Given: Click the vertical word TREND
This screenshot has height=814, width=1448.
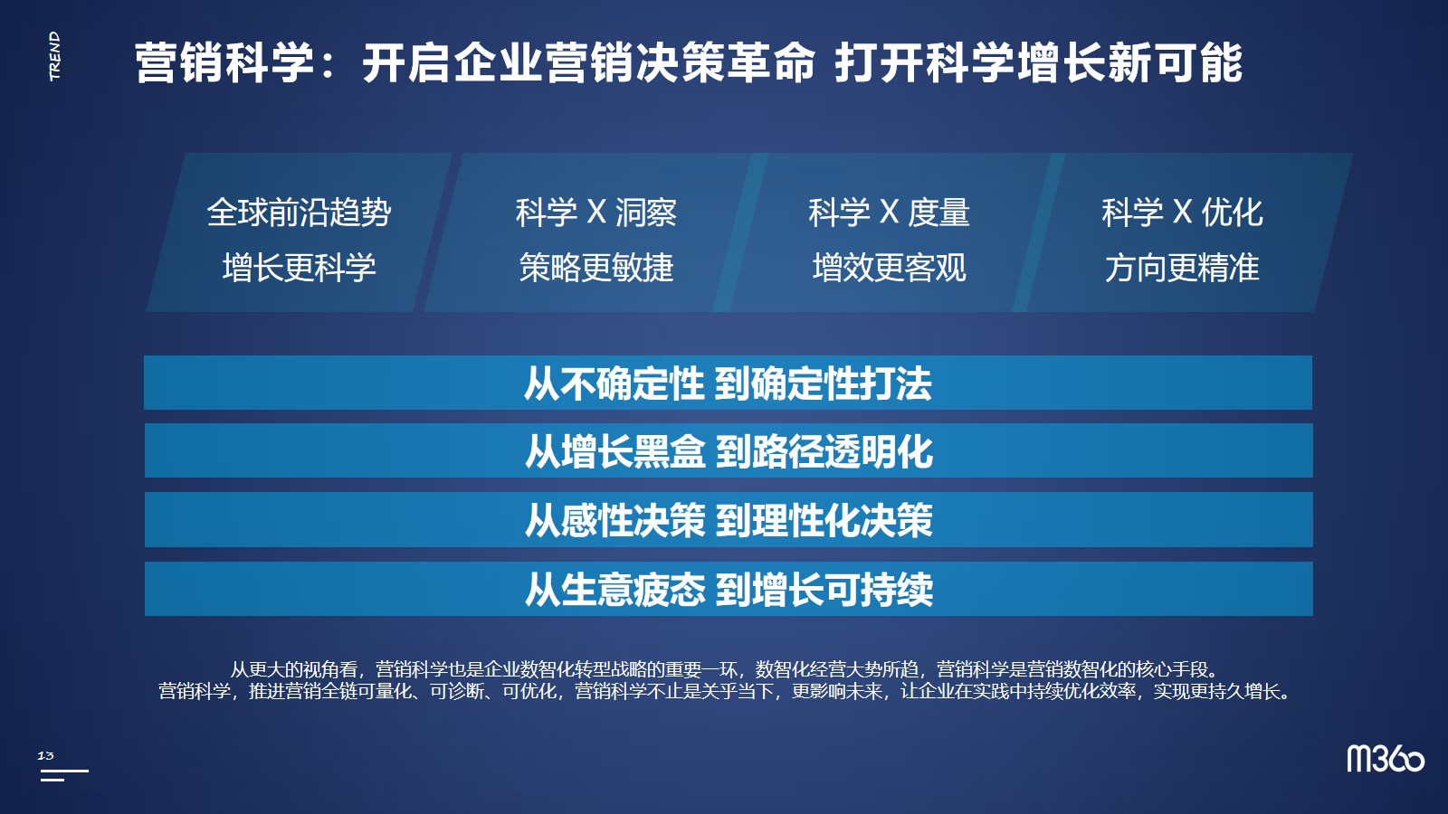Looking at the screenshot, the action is point(55,56).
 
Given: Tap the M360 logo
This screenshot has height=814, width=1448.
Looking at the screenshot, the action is point(1386,759).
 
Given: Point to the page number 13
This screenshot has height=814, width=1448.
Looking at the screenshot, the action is point(45,755).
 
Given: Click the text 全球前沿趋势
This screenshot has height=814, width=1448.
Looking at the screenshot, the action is point(299,212).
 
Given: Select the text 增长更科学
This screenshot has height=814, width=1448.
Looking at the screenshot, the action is point(299,268).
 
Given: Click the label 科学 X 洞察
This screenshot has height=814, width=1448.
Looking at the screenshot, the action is point(596,212).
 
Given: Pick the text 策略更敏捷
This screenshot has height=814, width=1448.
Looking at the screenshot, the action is point(596,268).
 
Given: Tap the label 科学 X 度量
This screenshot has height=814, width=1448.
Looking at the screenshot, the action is point(889,212).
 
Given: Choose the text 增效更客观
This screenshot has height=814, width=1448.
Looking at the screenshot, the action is point(889,268).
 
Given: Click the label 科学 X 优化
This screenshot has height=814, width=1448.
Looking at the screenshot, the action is point(1182,212).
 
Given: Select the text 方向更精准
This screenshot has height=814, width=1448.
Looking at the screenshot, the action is point(1182,268).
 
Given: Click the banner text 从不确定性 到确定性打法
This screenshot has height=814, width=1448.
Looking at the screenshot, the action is point(728,383).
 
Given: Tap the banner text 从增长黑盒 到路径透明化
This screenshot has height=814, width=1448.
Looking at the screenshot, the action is point(729,451).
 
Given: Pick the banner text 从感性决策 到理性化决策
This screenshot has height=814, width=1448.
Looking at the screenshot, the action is point(729,520).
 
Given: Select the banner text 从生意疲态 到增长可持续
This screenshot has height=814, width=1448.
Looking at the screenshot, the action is point(729,589).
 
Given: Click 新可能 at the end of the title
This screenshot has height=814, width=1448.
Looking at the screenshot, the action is point(1176,63).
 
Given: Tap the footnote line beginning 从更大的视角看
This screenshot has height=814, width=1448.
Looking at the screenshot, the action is point(724,669).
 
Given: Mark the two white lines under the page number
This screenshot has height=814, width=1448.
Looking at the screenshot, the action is point(63,775).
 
